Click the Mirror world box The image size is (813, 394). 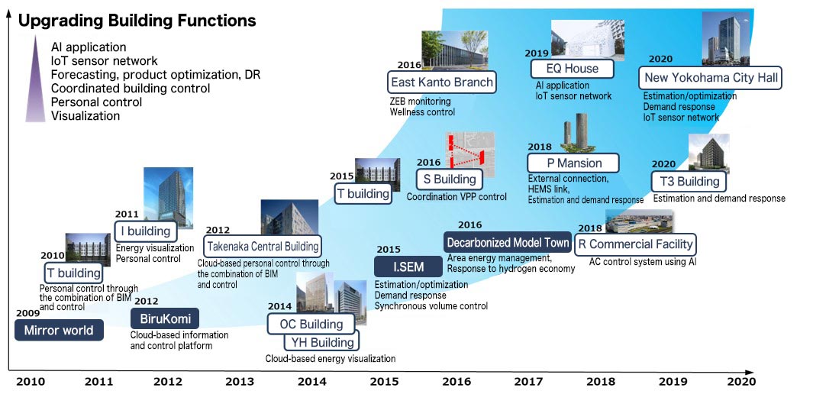click(x=59, y=330)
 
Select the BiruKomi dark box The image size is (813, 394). click(x=164, y=318)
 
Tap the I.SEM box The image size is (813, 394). click(x=408, y=267)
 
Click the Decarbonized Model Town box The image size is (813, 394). click(x=508, y=243)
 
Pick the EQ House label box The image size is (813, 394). click(x=572, y=69)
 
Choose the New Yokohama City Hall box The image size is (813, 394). click(x=711, y=79)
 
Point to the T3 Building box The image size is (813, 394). click(x=689, y=182)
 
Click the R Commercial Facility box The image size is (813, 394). click(x=635, y=244)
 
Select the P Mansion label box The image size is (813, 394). click(x=573, y=163)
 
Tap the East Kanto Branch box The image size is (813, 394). click(x=442, y=82)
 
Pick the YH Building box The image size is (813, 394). click(x=322, y=342)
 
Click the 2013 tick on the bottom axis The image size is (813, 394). click(x=240, y=382)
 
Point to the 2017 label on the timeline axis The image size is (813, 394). click(x=529, y=382)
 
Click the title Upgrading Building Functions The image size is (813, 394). click(x=137, y=20)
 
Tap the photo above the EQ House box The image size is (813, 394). click(x=588, y=40)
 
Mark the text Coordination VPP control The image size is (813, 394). click(x=457, y=197)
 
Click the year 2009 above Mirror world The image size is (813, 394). click(x=28, y=313)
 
